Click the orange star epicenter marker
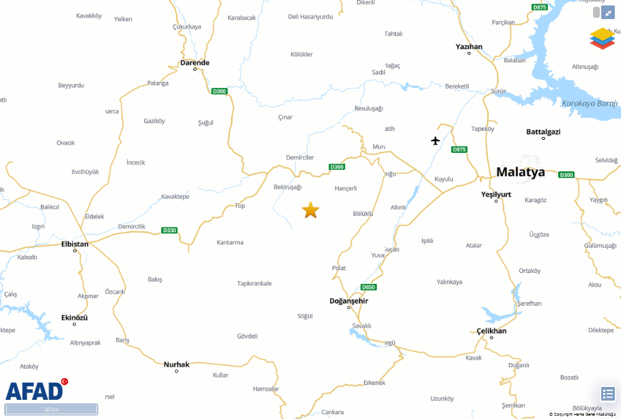(x=311, y=210)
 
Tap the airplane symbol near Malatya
(x=436, y=141)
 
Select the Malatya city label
(x=521, y=172)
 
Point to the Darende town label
(x=195, y=63)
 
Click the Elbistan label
(x=75, y=244)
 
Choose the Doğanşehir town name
(x=348, y=301)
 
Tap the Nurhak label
(x=176, y=364)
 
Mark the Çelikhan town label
(x=492, y=331)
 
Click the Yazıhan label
(x=469, y=46)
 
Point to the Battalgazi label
(x=543, y=131)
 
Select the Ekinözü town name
(x=74, y=317)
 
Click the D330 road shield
(x=169, y=230)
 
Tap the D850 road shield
(x=368, y=287)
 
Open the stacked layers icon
(x=602, y=38)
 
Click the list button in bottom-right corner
(x=608, y=394)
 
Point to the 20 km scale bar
(x=51, y=409)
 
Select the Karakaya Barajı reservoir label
(x=589, y=104)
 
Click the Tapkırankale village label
(x=254, y=283)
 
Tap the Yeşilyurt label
(x=496, y=194)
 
